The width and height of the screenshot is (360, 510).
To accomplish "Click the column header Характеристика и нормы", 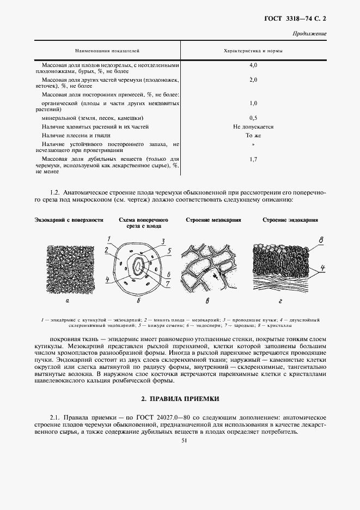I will (253, 50).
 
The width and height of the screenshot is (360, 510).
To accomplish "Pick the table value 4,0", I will (253, 65).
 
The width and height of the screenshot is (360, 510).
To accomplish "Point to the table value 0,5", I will (253, 117).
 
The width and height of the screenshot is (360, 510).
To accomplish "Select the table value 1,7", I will (253, 160).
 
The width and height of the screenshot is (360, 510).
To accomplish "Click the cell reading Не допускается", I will (253, 126).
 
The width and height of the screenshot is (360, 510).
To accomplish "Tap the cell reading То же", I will (253, 135).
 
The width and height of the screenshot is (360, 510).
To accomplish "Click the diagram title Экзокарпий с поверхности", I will (69, 220).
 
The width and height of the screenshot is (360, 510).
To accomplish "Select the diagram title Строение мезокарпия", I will (213, 220).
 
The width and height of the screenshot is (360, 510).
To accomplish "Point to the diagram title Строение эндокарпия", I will (290, 220).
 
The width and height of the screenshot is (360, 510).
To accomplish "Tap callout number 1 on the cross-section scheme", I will (109, 239).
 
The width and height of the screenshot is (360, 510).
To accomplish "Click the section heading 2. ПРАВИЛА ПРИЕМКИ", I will (180, 398).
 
